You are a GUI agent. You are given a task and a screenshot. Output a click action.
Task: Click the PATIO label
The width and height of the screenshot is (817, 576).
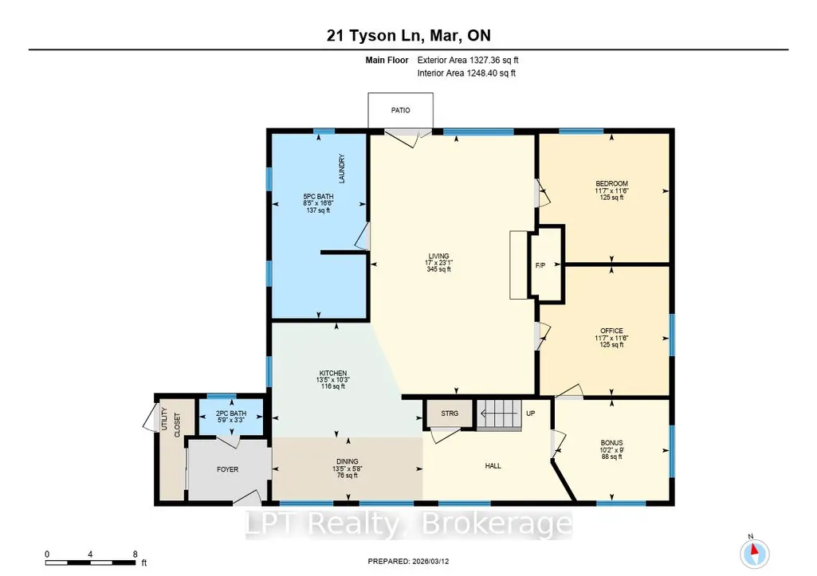(x=400, y=111)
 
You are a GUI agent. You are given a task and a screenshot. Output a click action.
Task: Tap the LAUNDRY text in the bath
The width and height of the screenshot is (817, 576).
(x=342, y=168)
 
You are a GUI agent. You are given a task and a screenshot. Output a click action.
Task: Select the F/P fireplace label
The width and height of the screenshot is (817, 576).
(x=540, y=265)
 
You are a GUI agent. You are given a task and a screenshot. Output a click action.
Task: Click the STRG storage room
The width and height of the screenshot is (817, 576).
(x=450, y=413)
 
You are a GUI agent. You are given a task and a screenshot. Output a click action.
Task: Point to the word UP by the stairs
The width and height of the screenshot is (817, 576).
(x=530, y=413)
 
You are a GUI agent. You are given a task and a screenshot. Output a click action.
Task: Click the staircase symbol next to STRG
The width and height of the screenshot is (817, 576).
(x=499, y=414)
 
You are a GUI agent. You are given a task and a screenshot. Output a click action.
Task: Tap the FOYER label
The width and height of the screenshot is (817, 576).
(x=228, y=470)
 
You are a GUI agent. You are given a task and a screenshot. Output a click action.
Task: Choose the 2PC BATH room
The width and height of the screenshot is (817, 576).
(x=231, y=417)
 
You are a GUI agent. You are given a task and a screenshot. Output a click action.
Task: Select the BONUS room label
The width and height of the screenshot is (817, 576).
(x=611, y=443)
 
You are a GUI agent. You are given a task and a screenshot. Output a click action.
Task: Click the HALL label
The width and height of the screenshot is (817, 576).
(x=493, y=466)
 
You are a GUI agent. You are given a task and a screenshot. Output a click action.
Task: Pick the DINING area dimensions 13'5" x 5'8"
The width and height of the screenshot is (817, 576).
(x=348, y=468)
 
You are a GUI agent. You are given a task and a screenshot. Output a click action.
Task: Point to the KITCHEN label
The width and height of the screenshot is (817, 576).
(x=333, y=374)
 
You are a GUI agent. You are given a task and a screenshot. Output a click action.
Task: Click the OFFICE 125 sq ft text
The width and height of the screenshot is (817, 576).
(x=611, y=345)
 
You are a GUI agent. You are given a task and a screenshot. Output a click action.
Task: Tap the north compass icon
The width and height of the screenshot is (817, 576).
(x=754, y=553)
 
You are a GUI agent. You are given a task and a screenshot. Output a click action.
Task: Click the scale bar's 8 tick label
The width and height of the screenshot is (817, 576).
(x=135, y=554)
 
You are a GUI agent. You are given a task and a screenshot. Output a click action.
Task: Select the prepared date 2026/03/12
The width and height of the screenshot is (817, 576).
(x=430, y=562)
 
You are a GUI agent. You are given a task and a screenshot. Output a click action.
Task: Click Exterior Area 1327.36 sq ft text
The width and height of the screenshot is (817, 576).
(x=468, y=61)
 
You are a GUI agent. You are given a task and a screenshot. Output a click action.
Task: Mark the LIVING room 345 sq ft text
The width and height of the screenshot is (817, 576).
(x=438, y=270)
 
